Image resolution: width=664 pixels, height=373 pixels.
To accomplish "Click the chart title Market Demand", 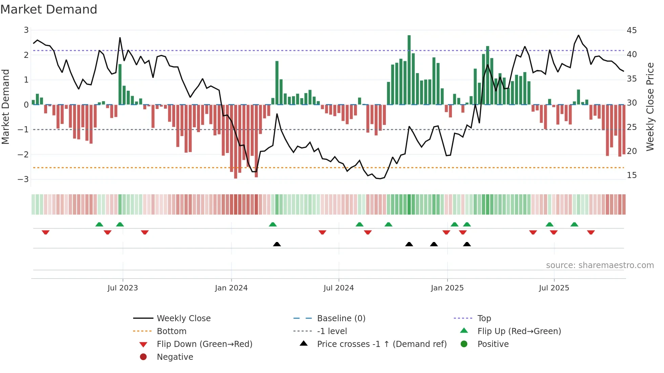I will (x=49, y=9).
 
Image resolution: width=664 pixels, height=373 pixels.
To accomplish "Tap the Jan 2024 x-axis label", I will (x=231, y=288).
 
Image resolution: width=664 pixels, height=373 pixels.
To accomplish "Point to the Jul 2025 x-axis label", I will (x=554, y=288).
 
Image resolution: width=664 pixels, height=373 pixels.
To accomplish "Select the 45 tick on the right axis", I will (x=631, y=30).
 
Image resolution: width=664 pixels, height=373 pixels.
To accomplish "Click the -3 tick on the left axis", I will (x=23, y=179).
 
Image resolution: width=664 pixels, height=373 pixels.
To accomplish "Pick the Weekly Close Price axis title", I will (x=650, y=107).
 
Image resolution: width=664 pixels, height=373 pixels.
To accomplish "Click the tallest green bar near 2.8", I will (x=409, y=70).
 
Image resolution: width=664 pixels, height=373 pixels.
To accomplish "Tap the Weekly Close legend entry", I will (x=183, y=319).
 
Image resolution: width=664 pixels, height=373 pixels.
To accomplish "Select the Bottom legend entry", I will (x=171, y=331).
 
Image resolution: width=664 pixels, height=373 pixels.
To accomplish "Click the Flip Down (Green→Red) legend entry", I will (x=204, y=344).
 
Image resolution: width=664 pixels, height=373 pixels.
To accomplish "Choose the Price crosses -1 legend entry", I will (x=382, y=344).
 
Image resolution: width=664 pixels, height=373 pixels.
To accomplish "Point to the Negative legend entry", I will (x=175, y=357).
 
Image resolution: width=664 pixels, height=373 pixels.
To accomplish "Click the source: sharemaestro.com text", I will (x=600, y=265).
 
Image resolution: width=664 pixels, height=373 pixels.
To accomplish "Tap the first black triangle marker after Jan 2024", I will (x=277, y=244).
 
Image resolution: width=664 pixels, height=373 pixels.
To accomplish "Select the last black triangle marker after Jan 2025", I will (x=467, y=244).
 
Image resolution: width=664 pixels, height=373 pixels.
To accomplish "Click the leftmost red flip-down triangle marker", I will (x=46, y=232).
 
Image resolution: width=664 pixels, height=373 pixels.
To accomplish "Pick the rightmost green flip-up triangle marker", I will (x=574, y=224).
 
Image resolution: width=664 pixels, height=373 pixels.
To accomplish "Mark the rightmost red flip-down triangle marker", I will (x=591, y=232).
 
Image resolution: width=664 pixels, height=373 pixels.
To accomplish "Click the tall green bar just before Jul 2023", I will (x=120, y=85).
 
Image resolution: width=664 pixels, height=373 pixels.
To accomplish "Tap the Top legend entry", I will (x=484, y=319).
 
